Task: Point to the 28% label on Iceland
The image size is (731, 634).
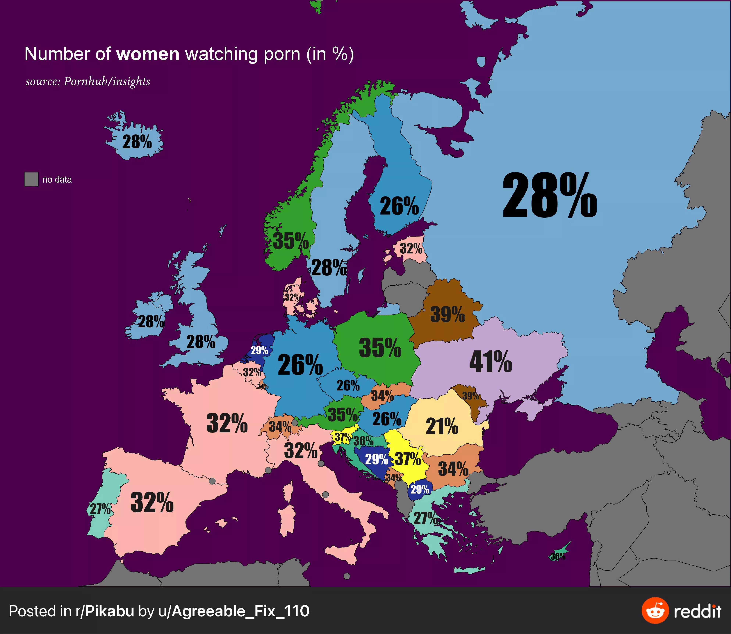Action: (137, 142)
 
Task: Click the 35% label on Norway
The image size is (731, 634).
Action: (290, 241)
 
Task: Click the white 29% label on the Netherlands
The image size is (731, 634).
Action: (259, 350)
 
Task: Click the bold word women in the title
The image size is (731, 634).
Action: (148, 54)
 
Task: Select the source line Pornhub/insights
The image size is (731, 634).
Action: (88, 81)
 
